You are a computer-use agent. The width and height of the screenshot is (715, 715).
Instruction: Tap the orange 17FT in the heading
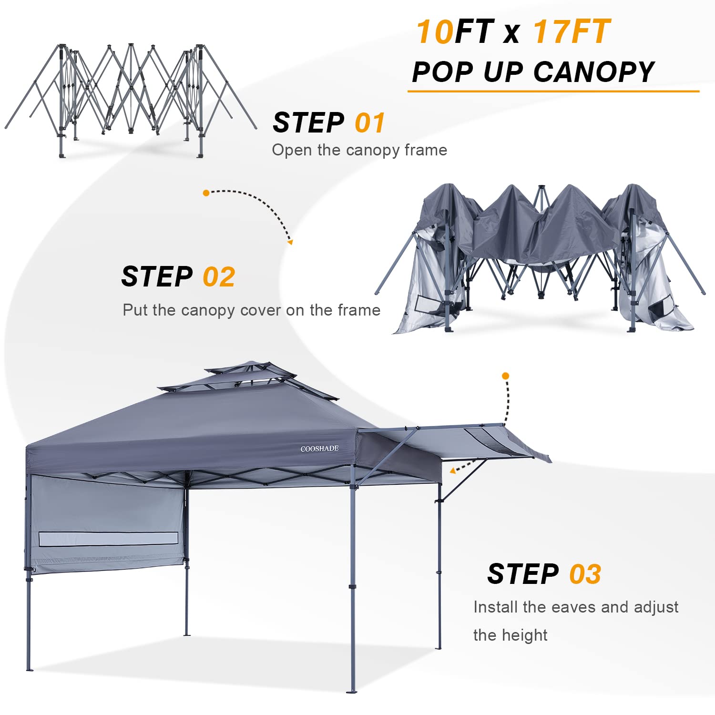tap(572, 32)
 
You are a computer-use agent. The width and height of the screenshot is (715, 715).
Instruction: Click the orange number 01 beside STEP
tap(369, 123)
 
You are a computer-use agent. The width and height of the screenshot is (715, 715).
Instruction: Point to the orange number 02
tap(219, 277)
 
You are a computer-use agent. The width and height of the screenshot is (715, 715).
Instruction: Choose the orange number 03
tap(585, 574)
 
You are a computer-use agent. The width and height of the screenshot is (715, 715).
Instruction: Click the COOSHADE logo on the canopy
tap(319, 449)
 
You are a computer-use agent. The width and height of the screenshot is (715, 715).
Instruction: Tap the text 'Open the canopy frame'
tap(359, 150)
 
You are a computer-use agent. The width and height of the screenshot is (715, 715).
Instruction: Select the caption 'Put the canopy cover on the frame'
tap(251, 310)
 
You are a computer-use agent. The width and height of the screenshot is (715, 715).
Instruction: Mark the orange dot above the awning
tap(506, 376)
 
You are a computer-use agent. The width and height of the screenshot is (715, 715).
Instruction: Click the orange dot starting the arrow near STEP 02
tap(206, 193)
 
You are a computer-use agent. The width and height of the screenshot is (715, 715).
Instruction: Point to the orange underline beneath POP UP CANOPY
tap(553, 91)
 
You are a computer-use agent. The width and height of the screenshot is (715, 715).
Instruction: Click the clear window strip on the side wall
tap(108, 539)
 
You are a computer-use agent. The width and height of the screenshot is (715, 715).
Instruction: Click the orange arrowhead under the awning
tap(452, 471)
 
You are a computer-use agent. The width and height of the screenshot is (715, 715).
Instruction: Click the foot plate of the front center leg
tap(352, 691)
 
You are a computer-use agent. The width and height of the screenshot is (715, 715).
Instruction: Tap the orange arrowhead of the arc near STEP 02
tap(290, 242)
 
